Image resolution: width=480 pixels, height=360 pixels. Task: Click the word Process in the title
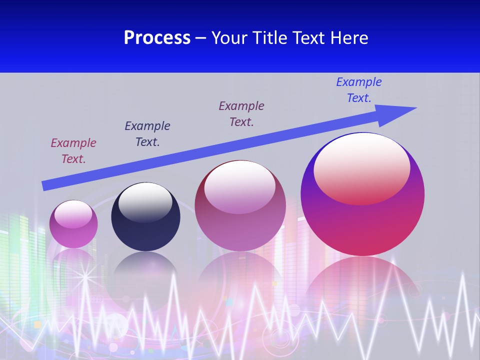(x=157, y=38)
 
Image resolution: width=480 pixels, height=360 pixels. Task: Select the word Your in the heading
(x=230, y=38)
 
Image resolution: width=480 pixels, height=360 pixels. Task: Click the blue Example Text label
(x=358, y=90)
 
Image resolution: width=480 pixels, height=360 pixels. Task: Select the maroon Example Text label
(x=73, y=151)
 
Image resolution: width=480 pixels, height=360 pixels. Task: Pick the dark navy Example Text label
(x=147, y=134)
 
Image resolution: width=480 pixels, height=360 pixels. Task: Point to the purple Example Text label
(x=241, y=114)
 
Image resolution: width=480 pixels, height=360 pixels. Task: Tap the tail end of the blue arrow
(x=46, y=185)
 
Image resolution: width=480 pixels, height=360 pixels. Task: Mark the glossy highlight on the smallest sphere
(x=73, y=214)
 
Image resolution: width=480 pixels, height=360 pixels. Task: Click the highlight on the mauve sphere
(x=239, y=186)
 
